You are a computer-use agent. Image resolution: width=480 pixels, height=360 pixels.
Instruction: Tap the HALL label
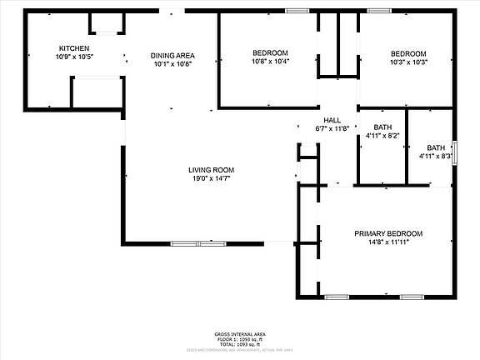point(332,120)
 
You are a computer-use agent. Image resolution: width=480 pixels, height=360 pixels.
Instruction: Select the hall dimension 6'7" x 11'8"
point(332,128)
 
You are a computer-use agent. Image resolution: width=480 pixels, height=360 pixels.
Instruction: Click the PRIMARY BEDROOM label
point(387,233)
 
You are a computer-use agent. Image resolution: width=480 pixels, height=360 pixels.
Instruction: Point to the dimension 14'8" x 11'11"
point(387,242)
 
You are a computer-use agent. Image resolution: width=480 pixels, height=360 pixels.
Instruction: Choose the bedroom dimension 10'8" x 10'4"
point(270,62)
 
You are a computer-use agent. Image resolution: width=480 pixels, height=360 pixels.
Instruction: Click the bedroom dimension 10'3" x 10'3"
point(408,62)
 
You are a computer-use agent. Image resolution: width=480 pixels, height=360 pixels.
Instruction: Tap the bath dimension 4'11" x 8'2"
point(382,136)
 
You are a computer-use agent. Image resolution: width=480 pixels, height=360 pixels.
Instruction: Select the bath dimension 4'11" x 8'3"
point(435,156)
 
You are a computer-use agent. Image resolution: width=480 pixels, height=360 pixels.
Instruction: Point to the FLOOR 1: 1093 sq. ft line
point(239,339)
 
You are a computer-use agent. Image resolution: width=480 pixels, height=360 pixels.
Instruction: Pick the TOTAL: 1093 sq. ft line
point(239,345)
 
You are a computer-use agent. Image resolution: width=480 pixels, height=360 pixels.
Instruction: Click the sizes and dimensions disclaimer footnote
point(239,351)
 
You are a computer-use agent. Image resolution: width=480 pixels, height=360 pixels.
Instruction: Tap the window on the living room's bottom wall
point(198,243)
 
